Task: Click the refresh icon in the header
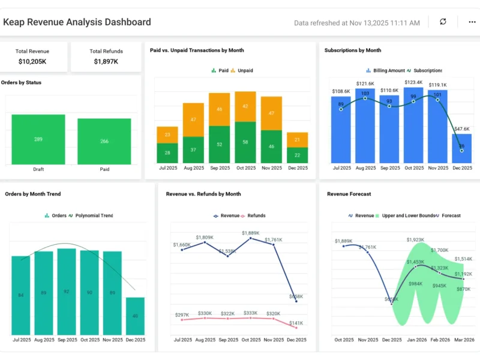tap(443, 22)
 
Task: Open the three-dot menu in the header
tap(472, 22)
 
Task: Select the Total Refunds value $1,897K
tap(106, 61)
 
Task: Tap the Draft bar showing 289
tap(38, 139)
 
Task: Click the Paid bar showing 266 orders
tap(104, 141)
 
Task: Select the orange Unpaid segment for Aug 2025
tap(193, 119)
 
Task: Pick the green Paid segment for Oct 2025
tap(245, 142)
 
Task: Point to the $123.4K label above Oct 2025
tap(414, 82)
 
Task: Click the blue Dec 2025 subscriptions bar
tap(461, 148)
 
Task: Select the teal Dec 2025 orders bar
tap(136, 316)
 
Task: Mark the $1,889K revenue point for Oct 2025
tap(250, 238)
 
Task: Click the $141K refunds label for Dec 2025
tap(296, 324)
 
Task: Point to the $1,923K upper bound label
tap(415, 239)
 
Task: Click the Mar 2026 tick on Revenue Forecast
tap(463, 340)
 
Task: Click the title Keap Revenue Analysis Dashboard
tap(77, 22)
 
